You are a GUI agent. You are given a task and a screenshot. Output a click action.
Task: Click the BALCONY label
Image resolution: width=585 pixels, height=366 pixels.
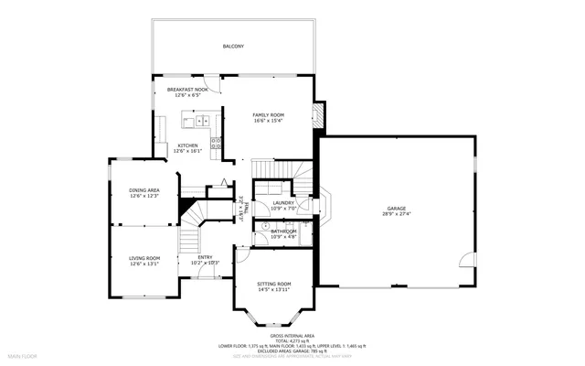233,46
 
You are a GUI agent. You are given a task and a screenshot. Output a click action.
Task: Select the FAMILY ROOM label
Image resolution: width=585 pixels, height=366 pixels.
269,114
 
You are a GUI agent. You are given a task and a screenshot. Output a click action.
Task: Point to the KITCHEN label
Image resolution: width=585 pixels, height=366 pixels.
187,145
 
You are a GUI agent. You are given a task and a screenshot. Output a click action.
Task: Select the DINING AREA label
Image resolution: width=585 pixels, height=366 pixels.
144,189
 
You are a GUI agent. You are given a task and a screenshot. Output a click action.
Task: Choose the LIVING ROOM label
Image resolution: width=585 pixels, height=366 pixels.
144,258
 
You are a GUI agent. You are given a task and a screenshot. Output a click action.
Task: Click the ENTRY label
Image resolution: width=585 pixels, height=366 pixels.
206,257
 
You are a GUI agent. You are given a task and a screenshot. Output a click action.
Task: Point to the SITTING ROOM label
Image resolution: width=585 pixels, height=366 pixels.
273,284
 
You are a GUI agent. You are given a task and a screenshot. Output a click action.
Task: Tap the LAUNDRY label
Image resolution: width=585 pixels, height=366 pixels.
282,202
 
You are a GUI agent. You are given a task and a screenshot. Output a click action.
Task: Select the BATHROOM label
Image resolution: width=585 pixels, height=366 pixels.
283,231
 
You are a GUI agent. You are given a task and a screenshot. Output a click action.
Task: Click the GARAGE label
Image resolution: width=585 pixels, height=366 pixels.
396,208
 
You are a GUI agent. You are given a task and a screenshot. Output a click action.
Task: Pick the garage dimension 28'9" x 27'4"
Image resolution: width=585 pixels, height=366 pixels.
396,214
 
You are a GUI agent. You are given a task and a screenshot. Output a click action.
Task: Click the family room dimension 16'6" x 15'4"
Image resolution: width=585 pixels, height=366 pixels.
269,121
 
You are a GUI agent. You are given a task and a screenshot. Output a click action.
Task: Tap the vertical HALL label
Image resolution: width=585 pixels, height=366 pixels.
239,209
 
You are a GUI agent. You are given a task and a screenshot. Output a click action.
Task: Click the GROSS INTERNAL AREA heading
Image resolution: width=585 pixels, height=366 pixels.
292,336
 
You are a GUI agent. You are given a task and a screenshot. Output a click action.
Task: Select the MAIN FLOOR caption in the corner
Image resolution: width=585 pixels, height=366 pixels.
22,354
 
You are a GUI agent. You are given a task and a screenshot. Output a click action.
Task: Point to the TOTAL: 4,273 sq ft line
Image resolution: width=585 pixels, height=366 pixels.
292,341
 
